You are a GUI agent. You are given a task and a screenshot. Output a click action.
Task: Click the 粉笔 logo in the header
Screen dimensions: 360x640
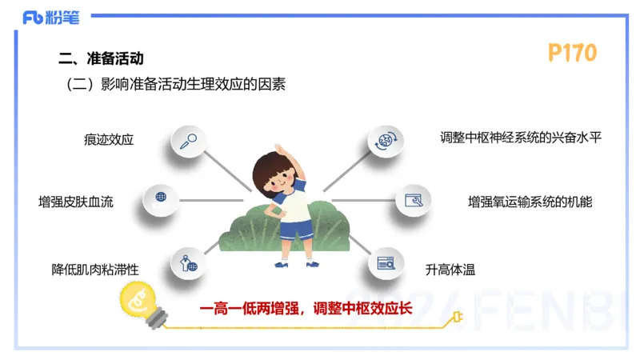[56, 17]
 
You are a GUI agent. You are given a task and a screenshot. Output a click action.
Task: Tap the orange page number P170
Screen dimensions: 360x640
[572, 53]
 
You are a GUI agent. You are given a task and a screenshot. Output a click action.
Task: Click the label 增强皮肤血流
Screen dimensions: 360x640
[76, 201]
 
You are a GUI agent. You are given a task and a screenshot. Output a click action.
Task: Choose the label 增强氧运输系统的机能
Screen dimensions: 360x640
[530, 202]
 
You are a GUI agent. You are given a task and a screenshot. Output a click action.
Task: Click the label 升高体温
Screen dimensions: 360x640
[450, 270]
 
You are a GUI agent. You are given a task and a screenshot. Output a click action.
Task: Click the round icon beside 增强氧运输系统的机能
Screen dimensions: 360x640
[414, 200]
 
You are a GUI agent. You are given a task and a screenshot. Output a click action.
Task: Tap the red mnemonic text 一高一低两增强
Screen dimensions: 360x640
[250, 308]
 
